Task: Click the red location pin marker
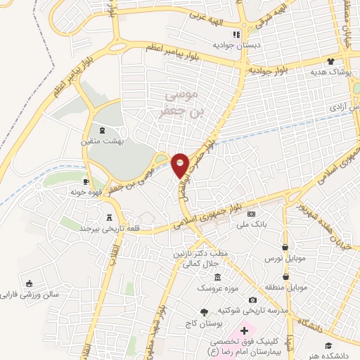[x=180, y=165]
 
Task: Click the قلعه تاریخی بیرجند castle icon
[x=109, y=217]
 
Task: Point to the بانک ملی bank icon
[x=252, y=214]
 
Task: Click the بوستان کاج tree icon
[x=205, y=311]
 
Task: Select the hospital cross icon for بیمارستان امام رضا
[x=244, y=330]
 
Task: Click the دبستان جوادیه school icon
[x=237, y=34]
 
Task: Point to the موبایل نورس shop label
[x=285, y=259]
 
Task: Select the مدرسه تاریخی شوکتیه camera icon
[x=252, y=300]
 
